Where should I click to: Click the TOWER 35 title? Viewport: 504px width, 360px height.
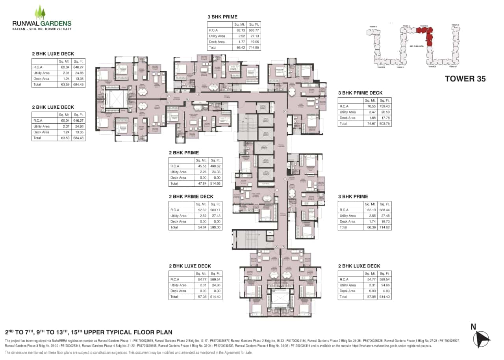[465, 78]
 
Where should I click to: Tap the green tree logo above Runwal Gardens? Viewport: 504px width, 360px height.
[39, 12]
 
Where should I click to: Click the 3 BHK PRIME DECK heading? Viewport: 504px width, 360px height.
[360, 93]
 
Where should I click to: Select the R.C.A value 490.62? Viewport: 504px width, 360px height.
[215, 166]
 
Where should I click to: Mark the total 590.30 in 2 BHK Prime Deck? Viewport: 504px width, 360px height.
[215, 227]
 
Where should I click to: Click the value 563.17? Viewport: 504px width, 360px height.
[215, 210]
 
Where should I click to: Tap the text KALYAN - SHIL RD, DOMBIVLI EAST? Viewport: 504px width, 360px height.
[42, 29]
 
